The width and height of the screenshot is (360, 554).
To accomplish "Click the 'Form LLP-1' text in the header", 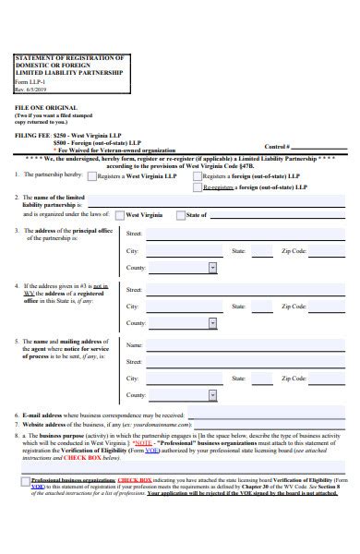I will tap(30, 80).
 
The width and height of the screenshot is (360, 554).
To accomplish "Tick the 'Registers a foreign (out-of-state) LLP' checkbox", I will tap(197, 175).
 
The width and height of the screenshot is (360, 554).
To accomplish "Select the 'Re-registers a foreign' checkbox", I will tap(197, 187).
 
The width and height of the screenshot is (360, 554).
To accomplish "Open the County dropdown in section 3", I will tap(212, 268).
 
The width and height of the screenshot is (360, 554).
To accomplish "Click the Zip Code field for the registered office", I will tap(327, 306).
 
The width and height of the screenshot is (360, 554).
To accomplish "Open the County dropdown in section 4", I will tap(212, 323).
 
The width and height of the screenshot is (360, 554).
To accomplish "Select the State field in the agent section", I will tap(263, 379).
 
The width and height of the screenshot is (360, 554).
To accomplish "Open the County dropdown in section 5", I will tap(212, 396).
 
